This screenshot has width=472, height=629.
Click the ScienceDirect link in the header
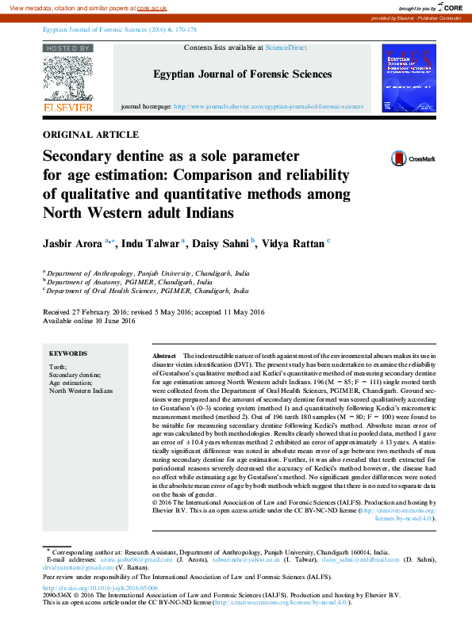click(x=286, y=48)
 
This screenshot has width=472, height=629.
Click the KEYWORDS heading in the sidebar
click(x=68, y=354)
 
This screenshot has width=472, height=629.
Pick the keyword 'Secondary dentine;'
click(x=75, y=375)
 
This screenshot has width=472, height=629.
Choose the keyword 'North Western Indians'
click(x=81, y=391)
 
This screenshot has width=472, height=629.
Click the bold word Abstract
click(x=163, y=357)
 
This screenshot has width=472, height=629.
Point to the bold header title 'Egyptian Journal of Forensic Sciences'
click(x=242, y=74)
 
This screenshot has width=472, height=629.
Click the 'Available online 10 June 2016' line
click(x=90, y=321)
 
